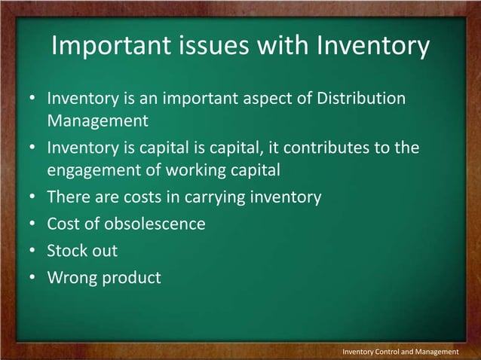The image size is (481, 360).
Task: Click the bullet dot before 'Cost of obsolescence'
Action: [x=34, y=224]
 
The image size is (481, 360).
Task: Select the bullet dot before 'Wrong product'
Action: [x=34, y=279]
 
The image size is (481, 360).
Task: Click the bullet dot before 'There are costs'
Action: [x=34, y=198]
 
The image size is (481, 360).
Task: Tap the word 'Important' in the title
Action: [x=108, y=47]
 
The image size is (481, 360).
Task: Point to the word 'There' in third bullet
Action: [x=67, y=197]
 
